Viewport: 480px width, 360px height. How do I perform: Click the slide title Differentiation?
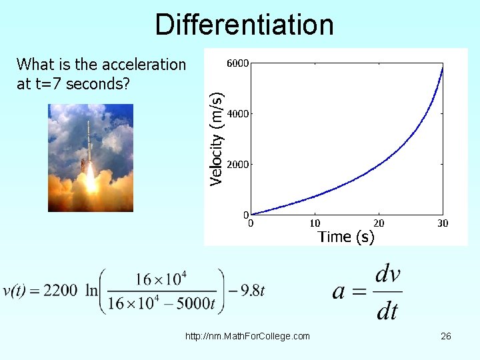click(244, 25)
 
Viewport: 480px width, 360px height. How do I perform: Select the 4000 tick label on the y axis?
click(238, 114)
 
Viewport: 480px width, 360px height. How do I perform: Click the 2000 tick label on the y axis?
click(238, 164)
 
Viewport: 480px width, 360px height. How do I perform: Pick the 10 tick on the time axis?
click(315, 223)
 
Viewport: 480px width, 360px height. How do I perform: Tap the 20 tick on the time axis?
click(379, 223)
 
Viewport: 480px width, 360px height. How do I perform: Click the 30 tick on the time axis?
click(442, 223)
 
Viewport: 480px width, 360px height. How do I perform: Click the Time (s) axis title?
click(346, 237)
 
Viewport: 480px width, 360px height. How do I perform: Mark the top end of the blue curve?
click(442, 67)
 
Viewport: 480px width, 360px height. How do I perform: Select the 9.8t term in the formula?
click(252, 291)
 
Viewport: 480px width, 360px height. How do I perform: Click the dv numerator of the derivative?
click(388, 275)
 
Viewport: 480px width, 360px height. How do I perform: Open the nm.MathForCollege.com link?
click(247, 336)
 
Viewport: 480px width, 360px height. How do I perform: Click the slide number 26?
click(446, 336)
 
